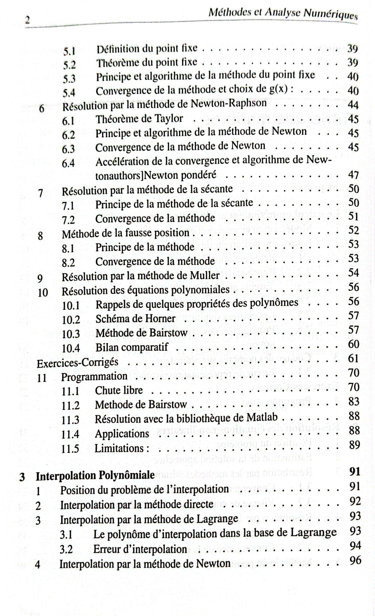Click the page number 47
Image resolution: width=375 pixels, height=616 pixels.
(x=353, y=175)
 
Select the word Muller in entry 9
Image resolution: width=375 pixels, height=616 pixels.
(x=205, y=276)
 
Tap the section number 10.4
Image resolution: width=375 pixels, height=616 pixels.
(x=71, y=348)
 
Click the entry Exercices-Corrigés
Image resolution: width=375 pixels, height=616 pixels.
(x=77, y=363)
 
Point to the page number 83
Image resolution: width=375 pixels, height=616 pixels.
(x=354, y=402)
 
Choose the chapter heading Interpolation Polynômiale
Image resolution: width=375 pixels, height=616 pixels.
(x=95, y=475)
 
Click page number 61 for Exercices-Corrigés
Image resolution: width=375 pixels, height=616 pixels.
(x=354, y=359)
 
